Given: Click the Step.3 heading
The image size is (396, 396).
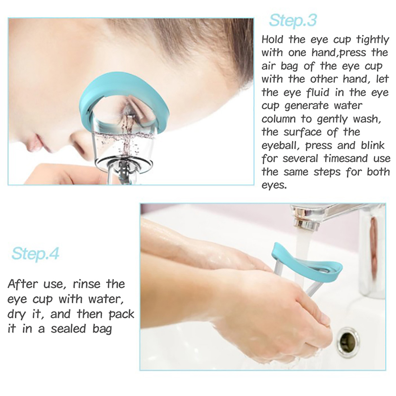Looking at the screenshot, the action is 293,20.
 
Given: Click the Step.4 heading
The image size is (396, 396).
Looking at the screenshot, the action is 35,253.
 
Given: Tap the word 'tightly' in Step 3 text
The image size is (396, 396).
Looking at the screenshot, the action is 373,40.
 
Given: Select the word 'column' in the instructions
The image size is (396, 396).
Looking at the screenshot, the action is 279,119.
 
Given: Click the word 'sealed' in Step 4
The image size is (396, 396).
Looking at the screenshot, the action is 69,329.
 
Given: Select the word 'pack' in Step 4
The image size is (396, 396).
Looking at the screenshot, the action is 121,315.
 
